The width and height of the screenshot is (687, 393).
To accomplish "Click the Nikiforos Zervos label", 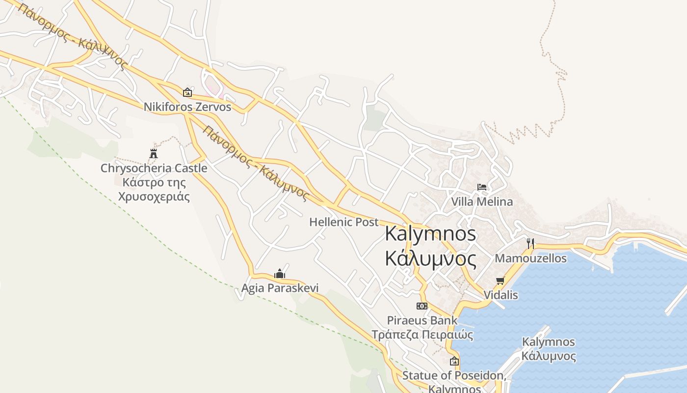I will coord(187,107).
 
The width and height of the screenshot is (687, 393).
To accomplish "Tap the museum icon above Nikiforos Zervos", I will coord(187,92).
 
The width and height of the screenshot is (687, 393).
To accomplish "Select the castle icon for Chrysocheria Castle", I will coord(154,154).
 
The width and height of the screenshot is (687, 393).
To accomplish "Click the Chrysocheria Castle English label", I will coord(154,168).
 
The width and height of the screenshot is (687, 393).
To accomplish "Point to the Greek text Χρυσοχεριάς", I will coord(154,196).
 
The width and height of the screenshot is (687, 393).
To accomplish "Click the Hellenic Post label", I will coord(343,222).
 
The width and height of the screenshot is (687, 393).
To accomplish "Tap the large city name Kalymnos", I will coord(430,233).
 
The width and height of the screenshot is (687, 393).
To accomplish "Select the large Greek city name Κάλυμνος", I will coord(430,258).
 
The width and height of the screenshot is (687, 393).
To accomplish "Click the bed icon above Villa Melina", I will coord(482,187).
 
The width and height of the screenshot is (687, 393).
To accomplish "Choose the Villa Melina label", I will coord(482,201).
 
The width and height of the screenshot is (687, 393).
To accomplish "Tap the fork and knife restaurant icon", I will coord(530,243).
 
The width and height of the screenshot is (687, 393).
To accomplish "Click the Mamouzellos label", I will coord(530,258).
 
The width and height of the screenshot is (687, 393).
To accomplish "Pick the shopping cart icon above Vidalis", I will coord(501,281).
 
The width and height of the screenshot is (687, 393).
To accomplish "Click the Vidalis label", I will coord(501,295).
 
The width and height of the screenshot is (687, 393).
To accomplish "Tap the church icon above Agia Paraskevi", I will coord(280,274).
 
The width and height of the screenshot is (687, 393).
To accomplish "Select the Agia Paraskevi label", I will coord(280,288).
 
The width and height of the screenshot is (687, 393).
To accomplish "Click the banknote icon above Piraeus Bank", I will coord(422,306).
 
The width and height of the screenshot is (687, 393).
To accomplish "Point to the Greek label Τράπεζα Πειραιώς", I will coord(422,335).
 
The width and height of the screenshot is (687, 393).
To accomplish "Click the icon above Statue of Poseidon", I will coord(454,361).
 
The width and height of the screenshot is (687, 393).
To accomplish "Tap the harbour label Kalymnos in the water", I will coord(548,342).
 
